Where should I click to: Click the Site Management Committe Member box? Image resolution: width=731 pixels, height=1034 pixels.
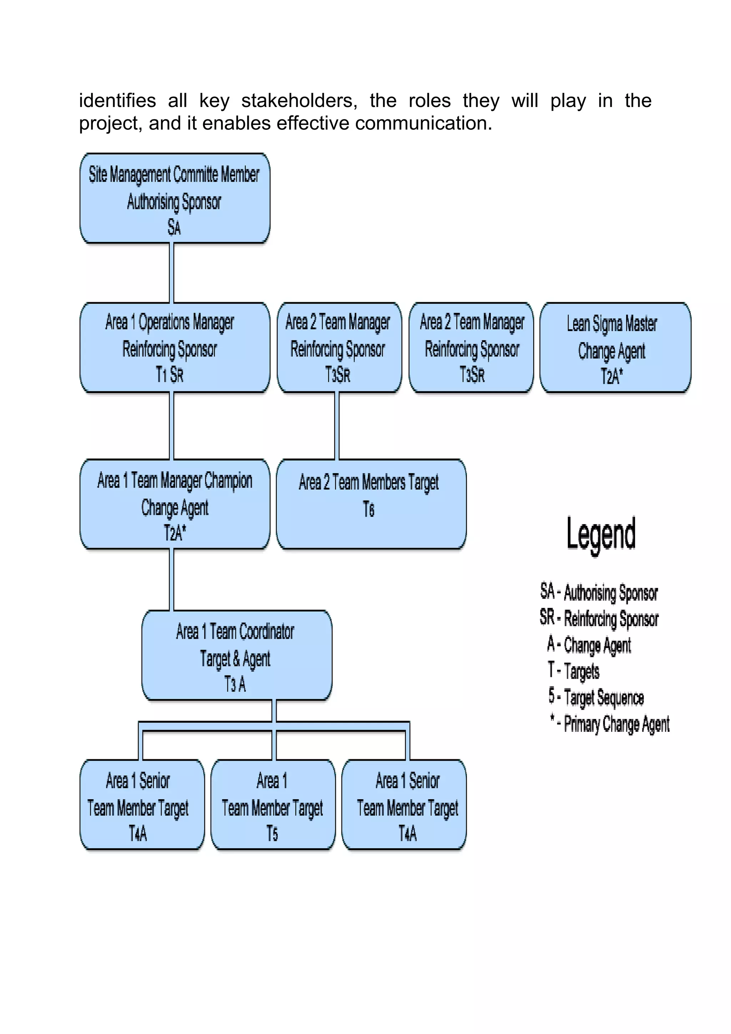click(175, 198)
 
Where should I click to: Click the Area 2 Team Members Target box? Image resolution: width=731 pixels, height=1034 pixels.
click(371, 503)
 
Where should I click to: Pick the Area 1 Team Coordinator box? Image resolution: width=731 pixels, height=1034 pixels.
click(236, 655)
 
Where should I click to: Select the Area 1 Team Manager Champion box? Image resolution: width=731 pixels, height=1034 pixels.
click(175, 503)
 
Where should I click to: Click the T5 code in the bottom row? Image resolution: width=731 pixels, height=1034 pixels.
click(272, 833)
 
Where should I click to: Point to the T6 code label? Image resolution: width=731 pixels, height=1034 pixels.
click(368, 510)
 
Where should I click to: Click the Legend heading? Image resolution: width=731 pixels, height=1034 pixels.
click(601, 534)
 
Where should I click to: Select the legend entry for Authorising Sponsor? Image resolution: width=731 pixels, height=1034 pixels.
click(599, 592)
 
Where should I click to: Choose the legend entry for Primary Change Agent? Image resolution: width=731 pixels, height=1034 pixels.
click(609, 724)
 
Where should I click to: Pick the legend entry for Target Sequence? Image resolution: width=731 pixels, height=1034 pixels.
click(596, 698)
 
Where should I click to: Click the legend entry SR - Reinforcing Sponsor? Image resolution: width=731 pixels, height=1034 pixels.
click(599, 618)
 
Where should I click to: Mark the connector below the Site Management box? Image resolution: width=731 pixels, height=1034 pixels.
click(172, 273)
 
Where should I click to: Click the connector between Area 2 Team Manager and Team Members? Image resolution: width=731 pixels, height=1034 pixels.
click(337, 426)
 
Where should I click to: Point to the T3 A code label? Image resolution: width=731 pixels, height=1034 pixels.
click(235, 684)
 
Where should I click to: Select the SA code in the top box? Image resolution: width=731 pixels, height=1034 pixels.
click(174, 227)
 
